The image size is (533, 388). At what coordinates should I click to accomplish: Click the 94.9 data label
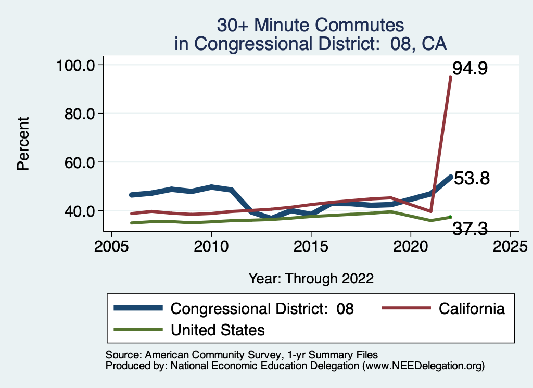point(469,68)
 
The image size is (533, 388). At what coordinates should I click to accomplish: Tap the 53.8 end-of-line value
point(472,179)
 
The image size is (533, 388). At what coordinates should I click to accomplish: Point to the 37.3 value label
point(470,228)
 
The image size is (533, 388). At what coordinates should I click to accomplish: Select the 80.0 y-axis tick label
point(78,114)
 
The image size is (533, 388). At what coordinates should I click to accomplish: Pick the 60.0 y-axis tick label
point(78,162)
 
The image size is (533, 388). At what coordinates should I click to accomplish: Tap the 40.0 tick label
point(78,210)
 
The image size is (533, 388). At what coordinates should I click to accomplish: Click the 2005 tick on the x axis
point(111,245)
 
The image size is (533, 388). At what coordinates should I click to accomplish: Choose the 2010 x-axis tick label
point(211,245)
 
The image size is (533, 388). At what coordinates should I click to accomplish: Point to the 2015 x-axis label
point(311,245)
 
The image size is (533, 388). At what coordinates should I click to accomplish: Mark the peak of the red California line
point(450,77)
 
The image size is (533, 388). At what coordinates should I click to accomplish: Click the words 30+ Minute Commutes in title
point(311,24)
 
